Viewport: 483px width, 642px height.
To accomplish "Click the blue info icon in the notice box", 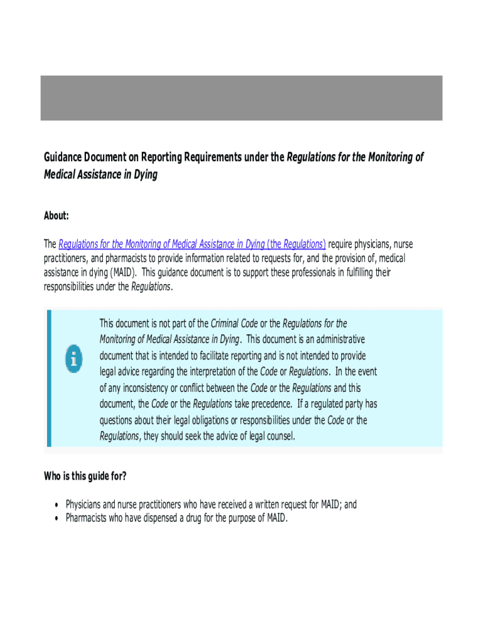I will [x=73, y=359].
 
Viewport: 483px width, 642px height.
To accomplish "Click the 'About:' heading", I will [x=56, y=216].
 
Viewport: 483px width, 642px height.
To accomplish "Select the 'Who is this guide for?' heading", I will [x=85, y=476].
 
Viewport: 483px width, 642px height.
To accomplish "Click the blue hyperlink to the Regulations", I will [x=192, y=244].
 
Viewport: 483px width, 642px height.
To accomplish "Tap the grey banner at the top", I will [x=242, y=98].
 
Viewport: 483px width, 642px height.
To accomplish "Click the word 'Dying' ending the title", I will [x=144, y=174].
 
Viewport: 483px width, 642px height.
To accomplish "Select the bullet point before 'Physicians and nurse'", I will [x=56, y=505].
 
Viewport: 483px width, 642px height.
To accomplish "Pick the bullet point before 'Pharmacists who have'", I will [x=56, y=518].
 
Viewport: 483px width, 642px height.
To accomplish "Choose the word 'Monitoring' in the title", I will [x=388, y=157].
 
